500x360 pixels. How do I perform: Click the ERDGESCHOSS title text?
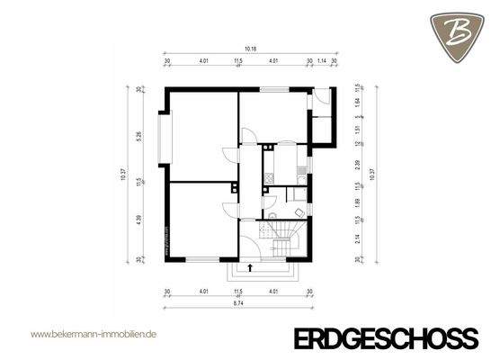tap(387, 337)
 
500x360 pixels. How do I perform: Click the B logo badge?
tap(459, 31)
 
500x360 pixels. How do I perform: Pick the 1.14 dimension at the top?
tap(323, 62)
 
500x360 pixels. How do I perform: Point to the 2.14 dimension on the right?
tap(358, 238)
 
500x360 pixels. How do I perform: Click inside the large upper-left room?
tap(201, 135)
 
